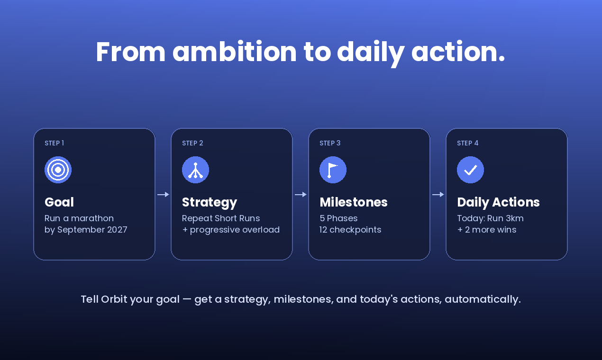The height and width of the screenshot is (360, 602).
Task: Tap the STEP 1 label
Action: click(x=55, y=143)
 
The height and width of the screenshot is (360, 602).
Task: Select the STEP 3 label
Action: click(x=330, y=143)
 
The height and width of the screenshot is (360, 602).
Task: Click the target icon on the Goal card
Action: click(x=58, y=170)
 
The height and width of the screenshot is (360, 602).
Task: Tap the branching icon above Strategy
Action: click(x=195, y=170)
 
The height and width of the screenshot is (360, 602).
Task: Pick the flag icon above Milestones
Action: click(x=333, y=170)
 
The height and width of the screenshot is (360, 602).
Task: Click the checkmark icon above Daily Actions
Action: click(x=470, y=170)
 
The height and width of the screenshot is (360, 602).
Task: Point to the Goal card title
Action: click(x=59, y=202)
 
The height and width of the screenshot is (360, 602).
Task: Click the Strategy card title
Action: click(x=210, y=203)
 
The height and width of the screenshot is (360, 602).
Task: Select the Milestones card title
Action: click(x=354, y=202)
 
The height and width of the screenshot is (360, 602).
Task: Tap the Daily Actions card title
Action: click(x=499, y=203)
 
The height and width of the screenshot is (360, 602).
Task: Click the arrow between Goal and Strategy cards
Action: click(x=163, y=194)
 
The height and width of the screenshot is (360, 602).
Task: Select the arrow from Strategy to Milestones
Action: click(x=301, y=194)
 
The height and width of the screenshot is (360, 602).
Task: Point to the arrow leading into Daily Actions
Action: click(x=438, y=194)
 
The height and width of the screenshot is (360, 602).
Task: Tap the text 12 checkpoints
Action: click(x=350, y=230)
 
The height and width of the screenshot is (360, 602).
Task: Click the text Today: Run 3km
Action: click(x=491, y=218)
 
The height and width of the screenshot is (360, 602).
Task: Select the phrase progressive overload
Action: click(x=235, y=230)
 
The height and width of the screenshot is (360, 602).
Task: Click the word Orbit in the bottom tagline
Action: click(x=114, y=299)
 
